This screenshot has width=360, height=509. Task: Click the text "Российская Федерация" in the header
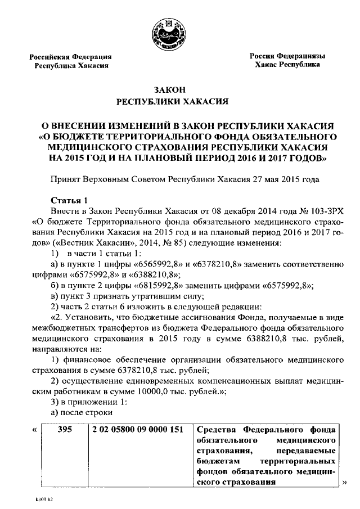[71, 57]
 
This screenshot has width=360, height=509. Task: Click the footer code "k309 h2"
[42, 499]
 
